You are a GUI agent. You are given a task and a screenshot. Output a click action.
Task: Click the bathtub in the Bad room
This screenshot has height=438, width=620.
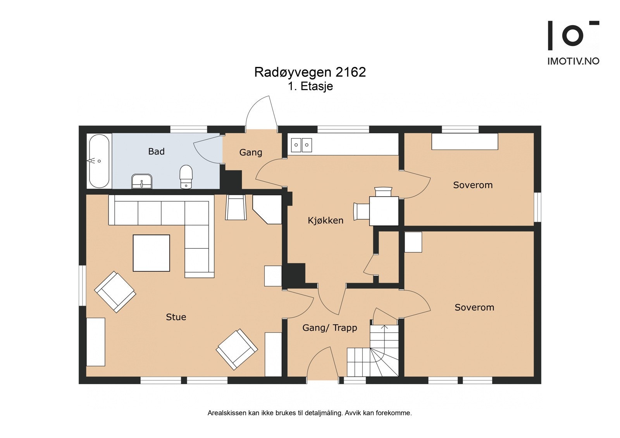(x=99, y=161)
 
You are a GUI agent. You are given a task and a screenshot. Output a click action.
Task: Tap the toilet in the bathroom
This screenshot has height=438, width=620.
(x=186, y=177)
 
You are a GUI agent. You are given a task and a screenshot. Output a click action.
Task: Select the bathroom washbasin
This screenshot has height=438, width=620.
(x=142, y=181)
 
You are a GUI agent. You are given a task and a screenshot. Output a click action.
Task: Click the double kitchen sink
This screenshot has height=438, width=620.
(x=301, y=145)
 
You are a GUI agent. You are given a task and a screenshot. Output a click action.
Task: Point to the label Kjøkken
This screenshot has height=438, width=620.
(x=325, y=220)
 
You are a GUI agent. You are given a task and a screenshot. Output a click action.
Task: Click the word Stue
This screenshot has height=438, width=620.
(x=176, y=317)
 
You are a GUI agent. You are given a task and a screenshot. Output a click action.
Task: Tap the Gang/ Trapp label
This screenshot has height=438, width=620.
(x=329, y=328)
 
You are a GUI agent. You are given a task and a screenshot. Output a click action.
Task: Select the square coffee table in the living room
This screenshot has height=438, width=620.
(x=152, y=253)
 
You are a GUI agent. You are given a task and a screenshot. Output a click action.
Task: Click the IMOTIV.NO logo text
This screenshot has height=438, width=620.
(x=573, y=61)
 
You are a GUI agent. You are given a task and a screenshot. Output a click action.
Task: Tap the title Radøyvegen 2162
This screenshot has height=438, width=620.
(x=310, y=72)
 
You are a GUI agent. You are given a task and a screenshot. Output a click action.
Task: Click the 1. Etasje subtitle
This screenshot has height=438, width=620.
(x=310, y=86)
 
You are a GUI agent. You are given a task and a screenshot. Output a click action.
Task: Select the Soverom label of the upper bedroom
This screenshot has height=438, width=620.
(x=473, y=185)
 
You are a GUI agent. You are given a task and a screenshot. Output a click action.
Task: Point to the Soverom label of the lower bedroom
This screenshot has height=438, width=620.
(x=474, y=307)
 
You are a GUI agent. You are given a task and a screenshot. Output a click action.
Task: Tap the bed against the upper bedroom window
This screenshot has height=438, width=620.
(x=465, y=141)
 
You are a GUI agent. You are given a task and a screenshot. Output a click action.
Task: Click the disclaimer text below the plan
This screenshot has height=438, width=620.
(x=310, y=413)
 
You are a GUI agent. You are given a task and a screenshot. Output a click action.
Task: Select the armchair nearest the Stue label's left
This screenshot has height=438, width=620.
(x=115, y=292)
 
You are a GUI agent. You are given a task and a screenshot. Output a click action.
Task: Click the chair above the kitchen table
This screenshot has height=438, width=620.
(x=383, y=192)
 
